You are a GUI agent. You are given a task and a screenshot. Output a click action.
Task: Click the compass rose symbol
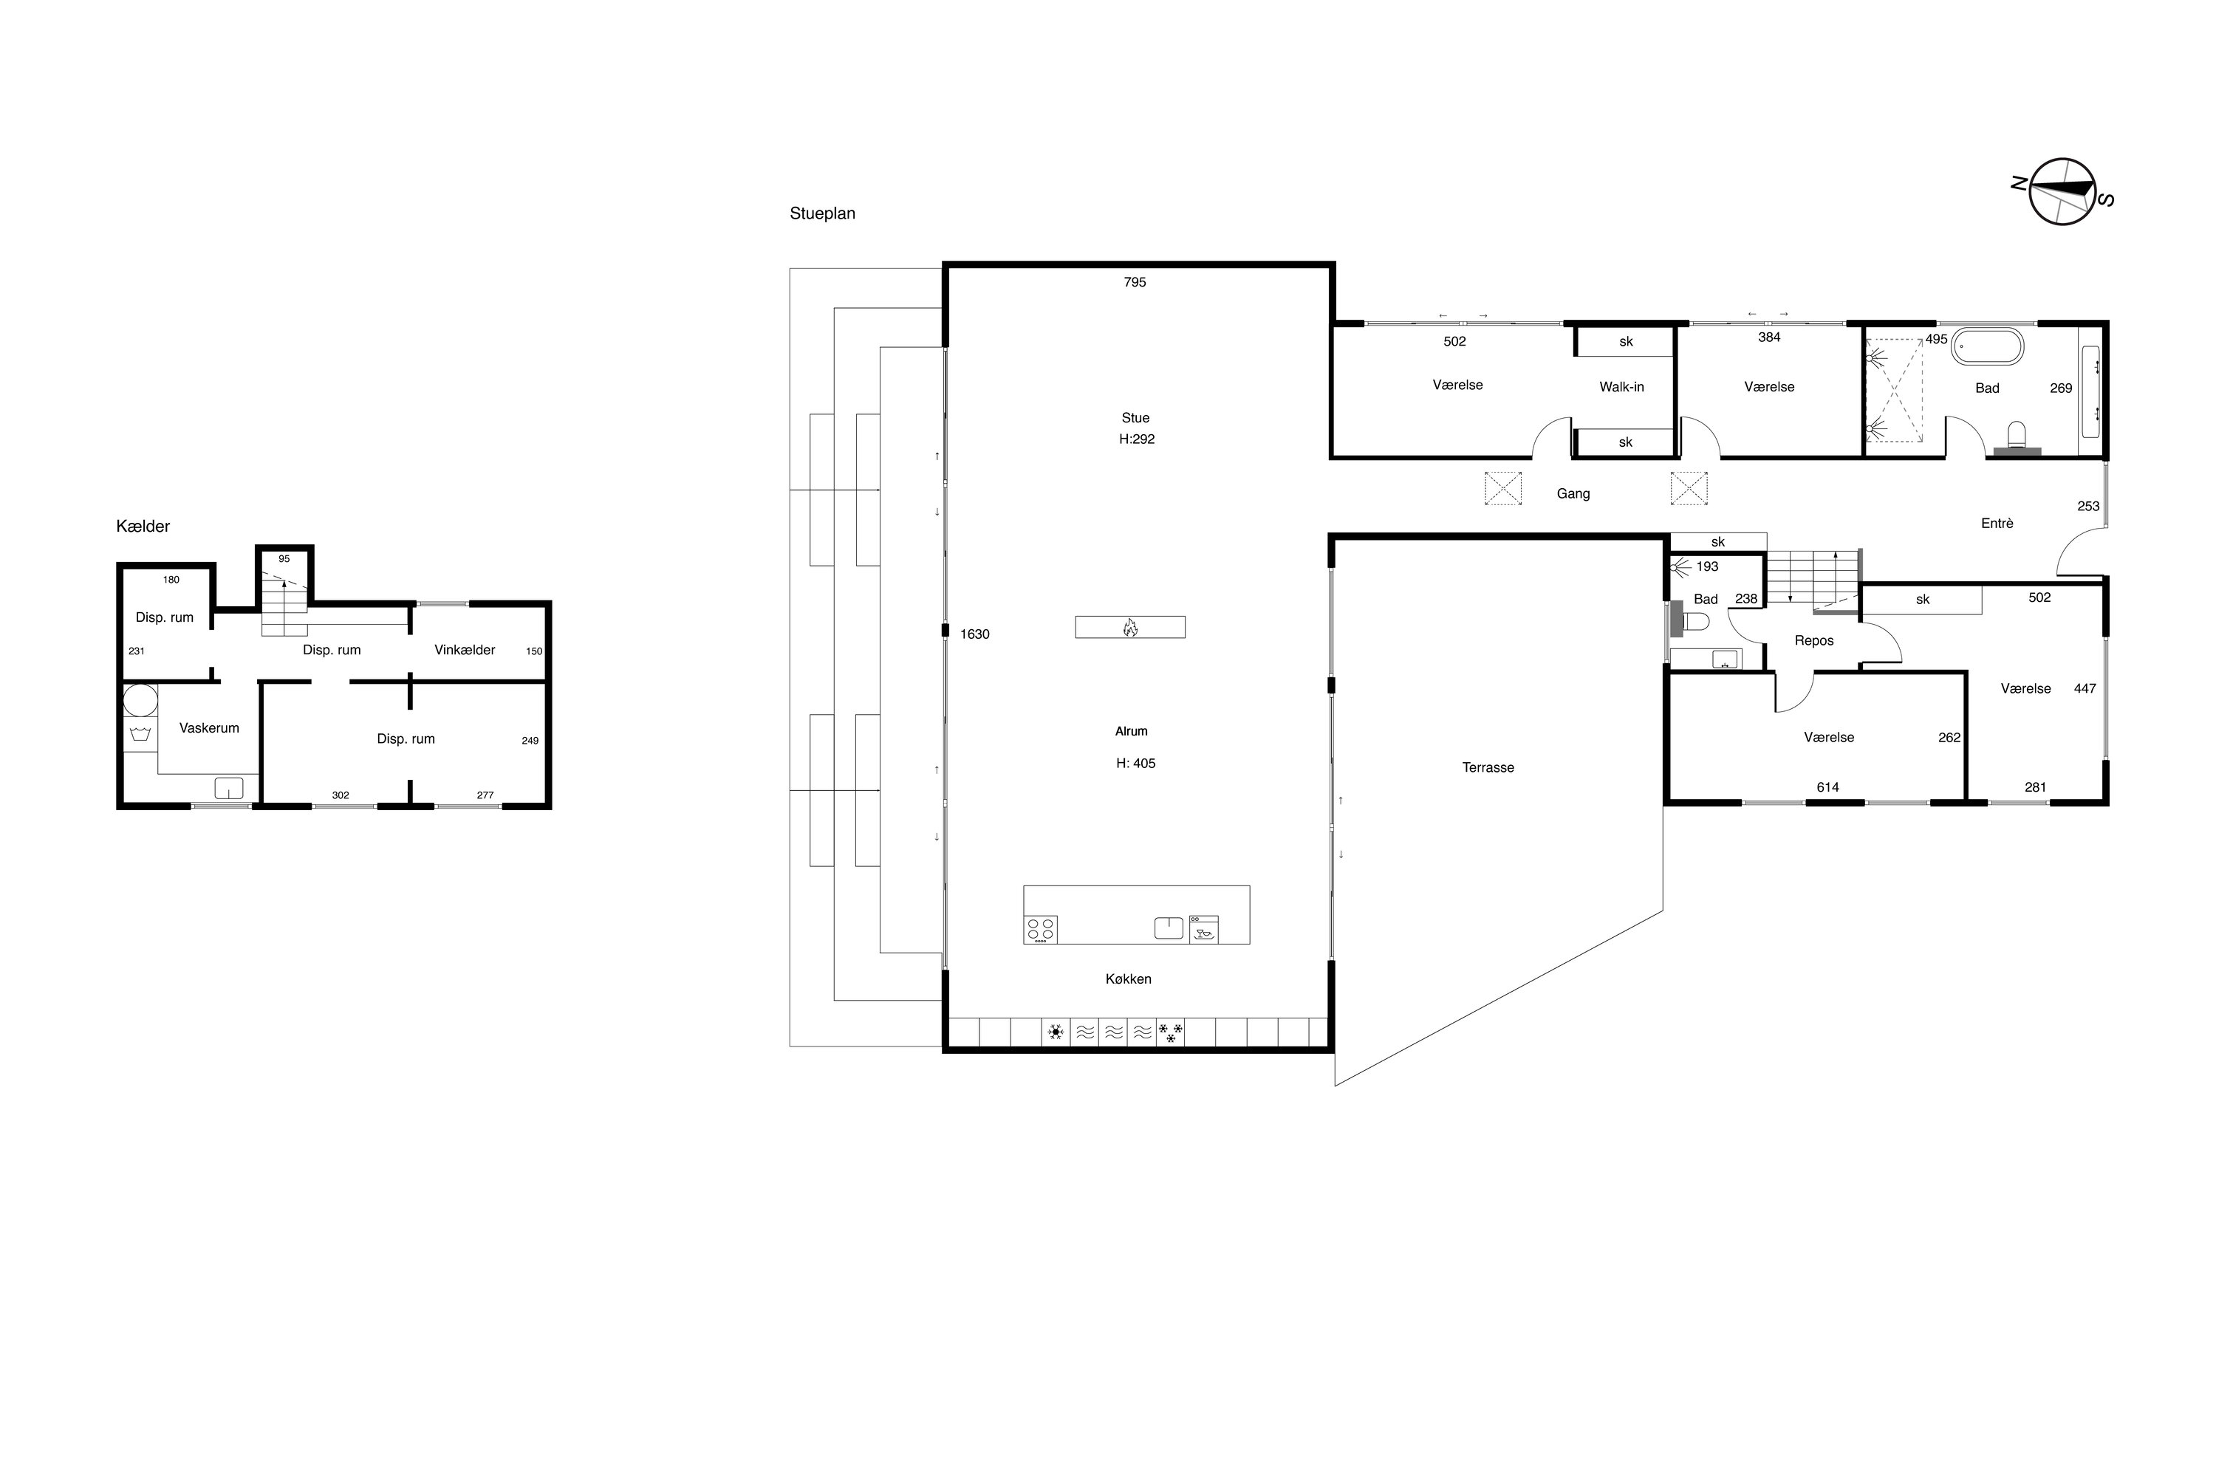2063,192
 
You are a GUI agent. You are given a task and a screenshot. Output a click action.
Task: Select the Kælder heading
143,527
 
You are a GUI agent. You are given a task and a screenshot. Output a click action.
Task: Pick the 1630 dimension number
975,634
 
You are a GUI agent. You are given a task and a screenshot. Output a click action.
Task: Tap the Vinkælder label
465,650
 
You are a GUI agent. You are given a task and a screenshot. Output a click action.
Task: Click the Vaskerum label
209,728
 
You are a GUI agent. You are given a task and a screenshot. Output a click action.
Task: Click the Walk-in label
1621,387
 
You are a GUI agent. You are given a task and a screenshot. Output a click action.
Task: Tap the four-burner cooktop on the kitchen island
1040,930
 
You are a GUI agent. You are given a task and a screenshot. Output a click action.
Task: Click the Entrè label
1997,524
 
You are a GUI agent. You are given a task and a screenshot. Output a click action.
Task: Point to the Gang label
1573,493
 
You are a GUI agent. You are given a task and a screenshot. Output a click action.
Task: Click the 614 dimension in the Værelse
1827,787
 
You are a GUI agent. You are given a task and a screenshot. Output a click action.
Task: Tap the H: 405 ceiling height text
1136,764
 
